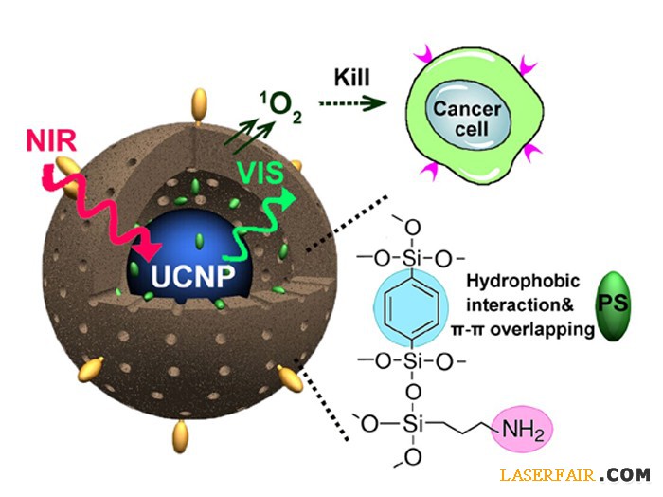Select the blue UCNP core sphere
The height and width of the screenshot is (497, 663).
pyautogui.click(x=189, y=251)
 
